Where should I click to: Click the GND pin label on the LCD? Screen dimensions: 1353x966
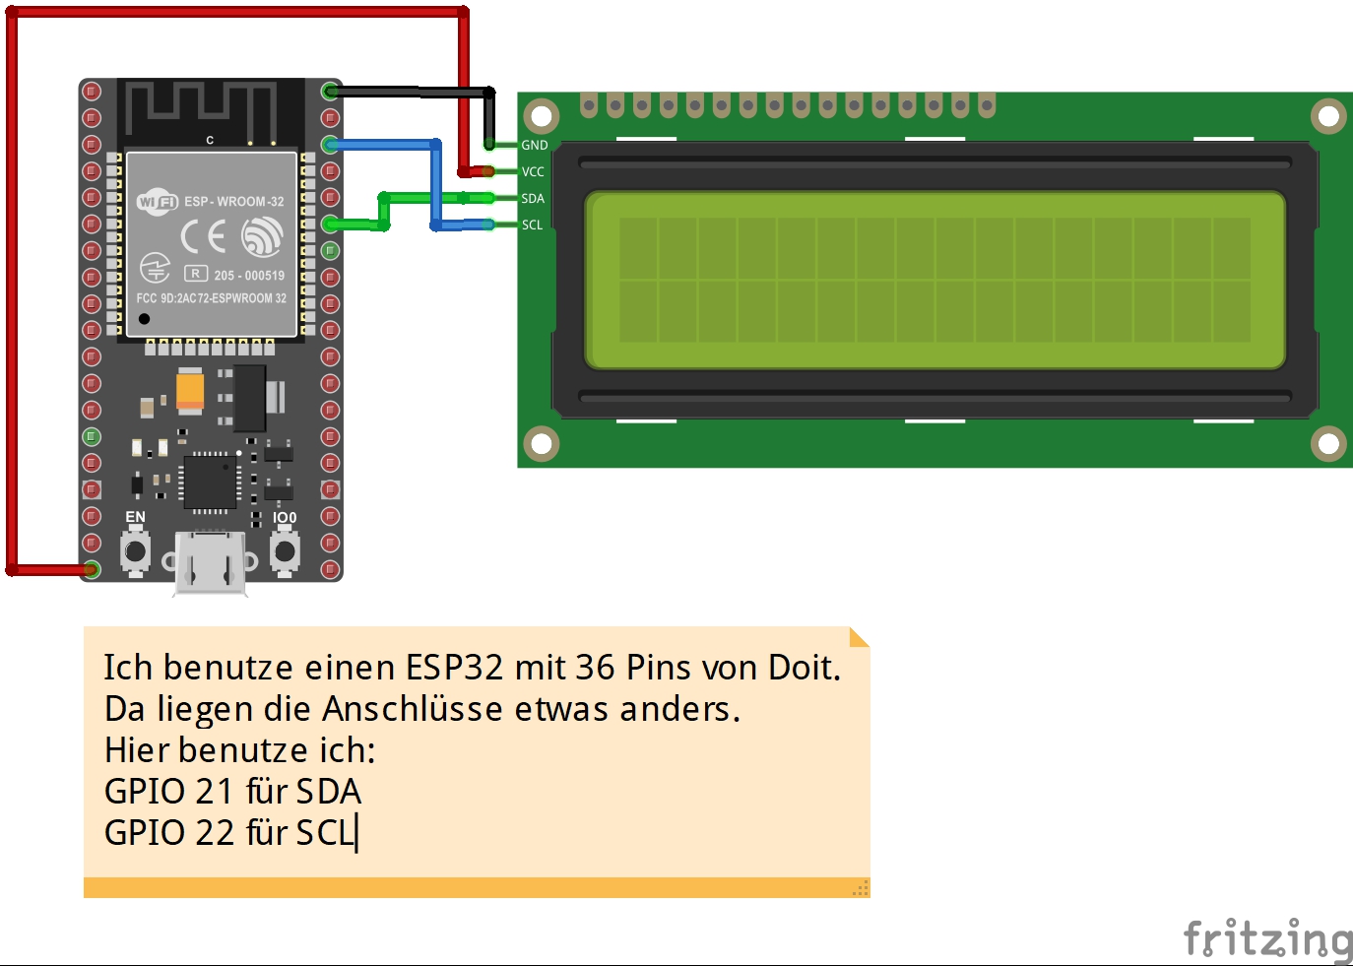coord(534,145)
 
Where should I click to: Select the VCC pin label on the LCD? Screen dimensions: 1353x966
coord(533,171)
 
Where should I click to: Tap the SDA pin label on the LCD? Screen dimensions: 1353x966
coord(533,198)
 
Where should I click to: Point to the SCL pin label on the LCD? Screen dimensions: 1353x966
coord(533,225)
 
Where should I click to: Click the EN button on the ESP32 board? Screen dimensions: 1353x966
coord(135,550)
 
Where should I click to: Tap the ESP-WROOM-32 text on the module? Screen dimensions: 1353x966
coord(233,201)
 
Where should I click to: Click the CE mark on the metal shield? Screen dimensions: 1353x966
coord(204,236)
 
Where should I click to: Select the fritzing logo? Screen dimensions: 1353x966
coord(1268,938)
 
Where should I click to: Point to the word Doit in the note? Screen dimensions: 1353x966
coord(804,668)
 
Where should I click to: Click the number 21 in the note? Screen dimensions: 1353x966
coord(214,792)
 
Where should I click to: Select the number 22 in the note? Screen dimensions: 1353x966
coord(214,833)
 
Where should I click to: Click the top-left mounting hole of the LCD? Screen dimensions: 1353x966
coord(541,116)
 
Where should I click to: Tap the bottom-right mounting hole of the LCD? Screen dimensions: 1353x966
coord(1327,443)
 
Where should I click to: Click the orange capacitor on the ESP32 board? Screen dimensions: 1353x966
coord(190,388)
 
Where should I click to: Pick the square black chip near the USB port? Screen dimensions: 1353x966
coord(210,483)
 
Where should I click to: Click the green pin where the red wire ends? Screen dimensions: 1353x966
coord(92,569)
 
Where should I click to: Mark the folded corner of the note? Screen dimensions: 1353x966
coord(859,637)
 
